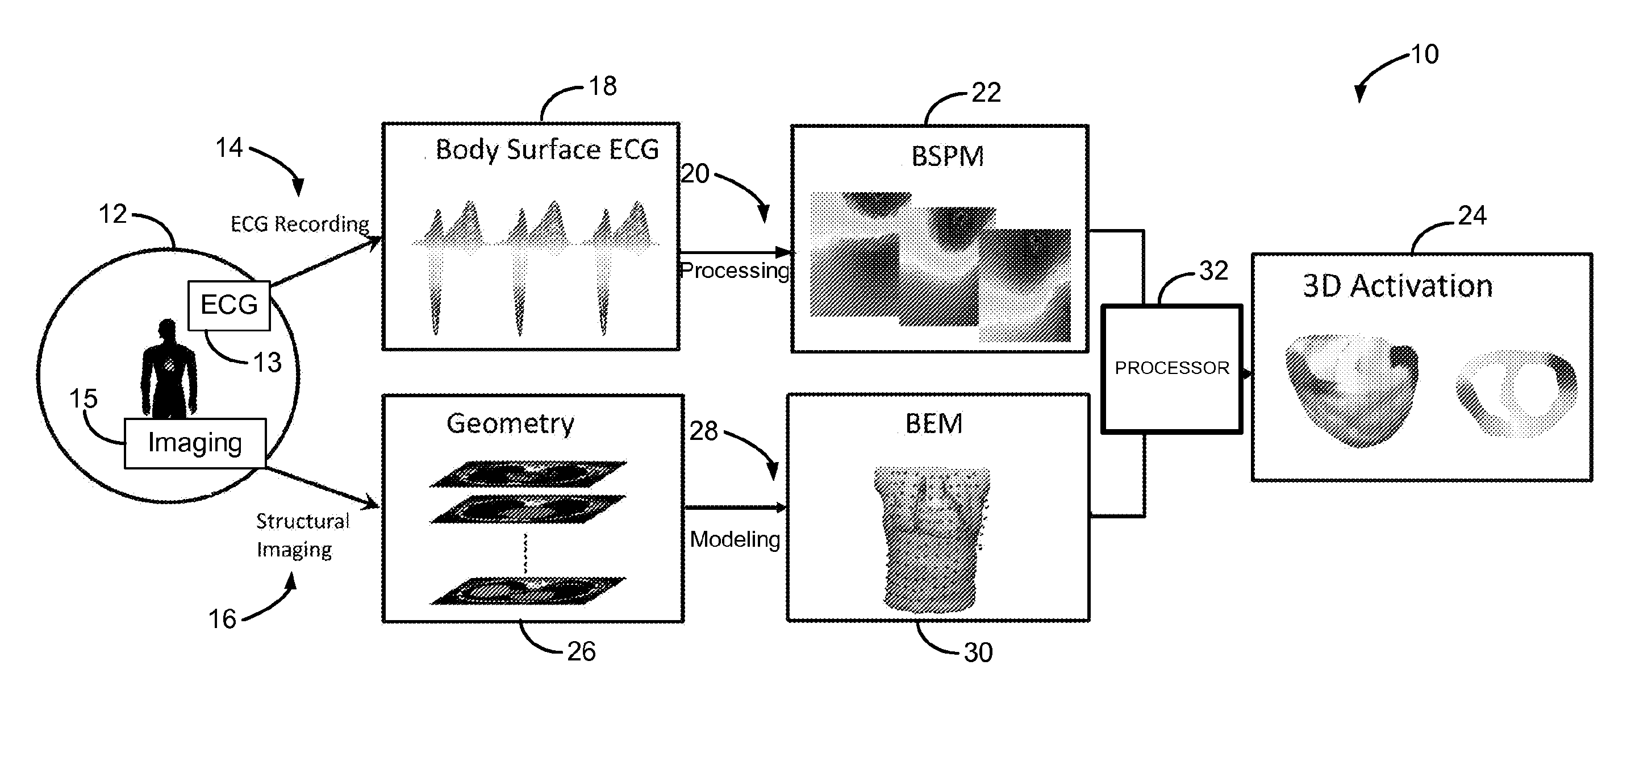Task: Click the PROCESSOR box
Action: [1171, 368]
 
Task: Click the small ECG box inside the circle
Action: [228, 305]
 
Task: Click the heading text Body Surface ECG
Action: [547, 149]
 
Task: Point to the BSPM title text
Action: [947, 157]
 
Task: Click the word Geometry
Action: [510, 423]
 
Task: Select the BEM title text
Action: [933, 424]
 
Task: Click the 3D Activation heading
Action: [1397, 286]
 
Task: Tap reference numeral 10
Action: [1424, 55]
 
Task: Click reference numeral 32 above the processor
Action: [1213, 271]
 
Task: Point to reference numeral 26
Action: [581, 651]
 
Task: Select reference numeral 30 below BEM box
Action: [978, 652]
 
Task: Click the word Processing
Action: [735, 271]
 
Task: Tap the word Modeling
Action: [735, 539]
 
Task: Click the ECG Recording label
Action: [299, 225]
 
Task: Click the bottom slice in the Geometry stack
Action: [528, 592]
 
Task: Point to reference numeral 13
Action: [267, 363]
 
